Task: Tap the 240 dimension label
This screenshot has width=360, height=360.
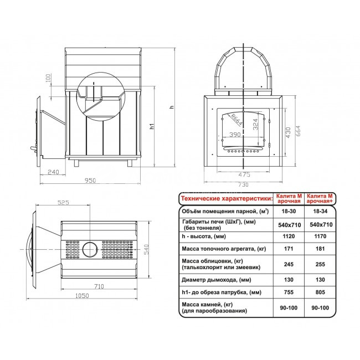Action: (53, 172)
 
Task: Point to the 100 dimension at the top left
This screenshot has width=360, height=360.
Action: (48, 80)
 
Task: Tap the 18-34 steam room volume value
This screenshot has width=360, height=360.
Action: (319, 212)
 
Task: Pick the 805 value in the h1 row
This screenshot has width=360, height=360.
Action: (319, 292)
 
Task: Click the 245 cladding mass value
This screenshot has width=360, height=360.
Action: (287, 265)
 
